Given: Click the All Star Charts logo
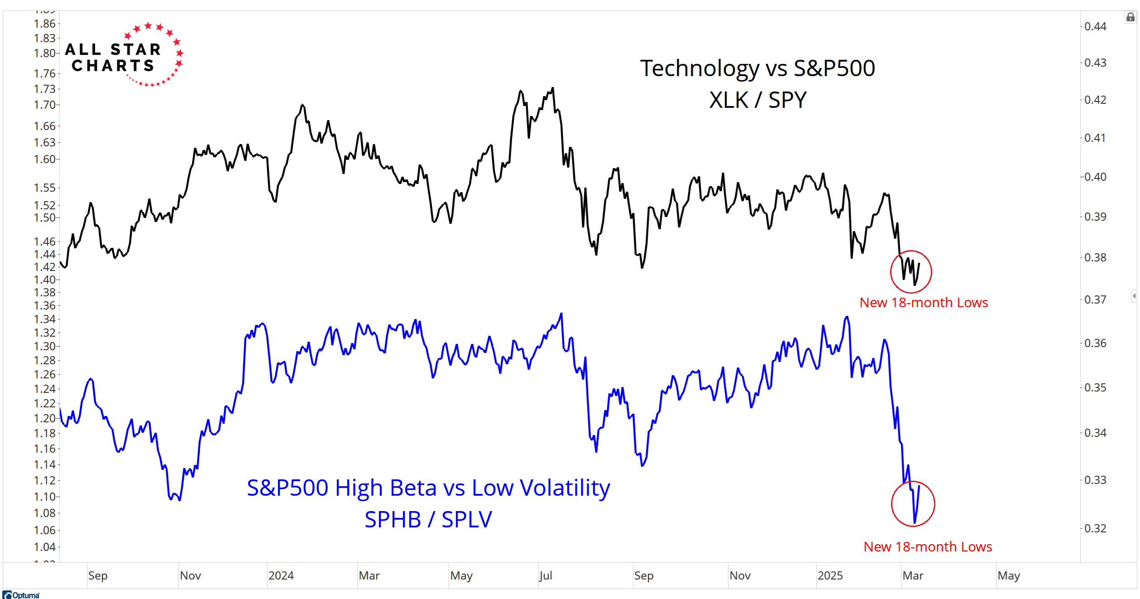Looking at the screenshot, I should pos(123,55).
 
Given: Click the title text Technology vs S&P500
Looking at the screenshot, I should pos(757,68).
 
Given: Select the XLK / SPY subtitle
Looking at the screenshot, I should pos(757,100).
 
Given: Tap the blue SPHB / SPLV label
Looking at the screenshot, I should pos(428,519).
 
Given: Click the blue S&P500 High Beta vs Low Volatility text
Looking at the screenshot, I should pos(428,488).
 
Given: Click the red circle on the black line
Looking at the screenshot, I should pos(910,271).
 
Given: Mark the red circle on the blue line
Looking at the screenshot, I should pos(913,503).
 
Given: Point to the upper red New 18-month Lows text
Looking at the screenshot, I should pos(923,303).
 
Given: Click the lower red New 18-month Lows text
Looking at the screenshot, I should pos(927,547).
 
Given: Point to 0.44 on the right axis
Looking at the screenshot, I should pos(1095,26).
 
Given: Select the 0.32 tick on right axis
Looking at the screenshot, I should pos(1095,528).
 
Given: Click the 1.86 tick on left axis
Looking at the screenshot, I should pos(44,24).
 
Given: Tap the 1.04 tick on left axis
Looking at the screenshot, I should pos(44,547).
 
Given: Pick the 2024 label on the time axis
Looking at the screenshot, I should pos(281,576).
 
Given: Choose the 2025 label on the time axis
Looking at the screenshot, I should pos(830,576).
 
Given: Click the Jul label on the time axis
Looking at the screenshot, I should pos(546,576).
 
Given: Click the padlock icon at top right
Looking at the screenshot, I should pos(1130,17).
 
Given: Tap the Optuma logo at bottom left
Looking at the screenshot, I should pos(21,595).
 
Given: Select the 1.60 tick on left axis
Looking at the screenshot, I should pos(44,159).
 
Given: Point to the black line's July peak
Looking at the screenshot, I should pos(553,88).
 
